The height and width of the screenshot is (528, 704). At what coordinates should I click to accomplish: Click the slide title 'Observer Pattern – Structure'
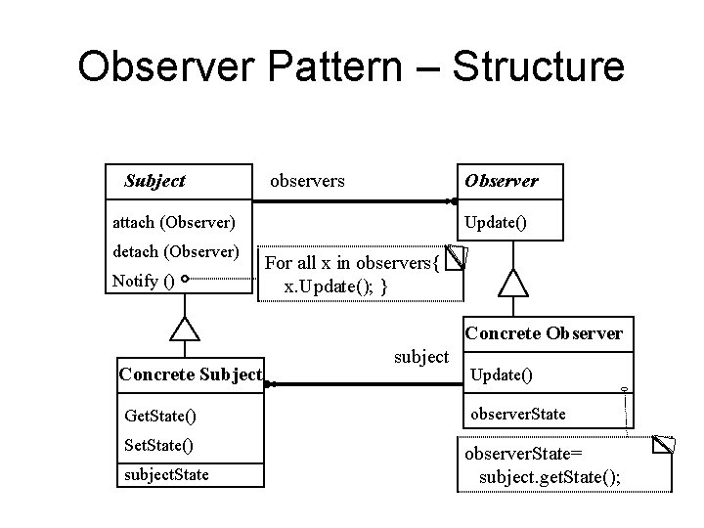pos(350,67)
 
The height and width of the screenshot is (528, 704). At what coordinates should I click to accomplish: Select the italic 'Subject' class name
pos(154,181)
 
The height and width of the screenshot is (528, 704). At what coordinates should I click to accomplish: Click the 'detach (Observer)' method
pos(176,252)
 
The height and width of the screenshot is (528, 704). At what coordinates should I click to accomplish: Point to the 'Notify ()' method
pos(144,282)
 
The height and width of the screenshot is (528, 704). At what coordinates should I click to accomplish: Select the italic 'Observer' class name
pos(501,181)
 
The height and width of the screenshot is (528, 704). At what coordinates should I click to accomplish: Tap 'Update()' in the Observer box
pos(496,222)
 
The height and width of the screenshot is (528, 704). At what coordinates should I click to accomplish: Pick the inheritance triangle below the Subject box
pos(185,329)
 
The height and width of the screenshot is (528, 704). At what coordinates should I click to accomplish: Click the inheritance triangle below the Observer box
pos(512,284)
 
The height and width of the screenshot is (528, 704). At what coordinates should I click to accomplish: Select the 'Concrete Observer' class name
pos(544,333)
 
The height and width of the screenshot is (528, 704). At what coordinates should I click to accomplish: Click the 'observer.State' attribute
pos(517,414)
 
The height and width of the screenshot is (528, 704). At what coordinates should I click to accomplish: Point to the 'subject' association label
pos(420,357)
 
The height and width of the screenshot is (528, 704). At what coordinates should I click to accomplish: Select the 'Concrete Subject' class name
pos(190,374)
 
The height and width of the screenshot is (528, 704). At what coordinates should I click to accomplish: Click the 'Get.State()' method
pos(160,417)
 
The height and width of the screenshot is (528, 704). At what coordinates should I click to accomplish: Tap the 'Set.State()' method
pos(159,446)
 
